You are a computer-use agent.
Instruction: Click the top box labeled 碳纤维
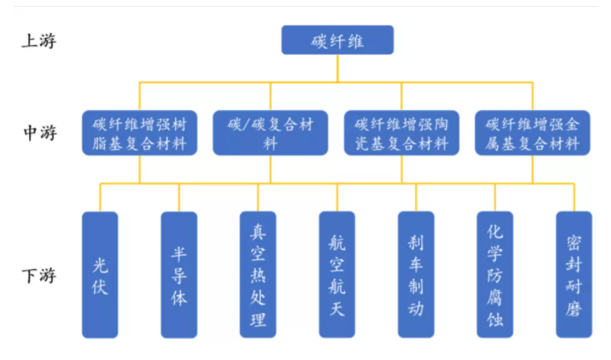(337, 40)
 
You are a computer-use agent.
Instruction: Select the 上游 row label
(38, 41)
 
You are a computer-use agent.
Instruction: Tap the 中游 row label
(38, 132)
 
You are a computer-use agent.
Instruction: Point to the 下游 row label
(38, 276)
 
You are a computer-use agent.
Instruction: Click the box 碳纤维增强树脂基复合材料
(139, 132)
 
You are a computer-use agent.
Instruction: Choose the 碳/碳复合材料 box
(271, 132)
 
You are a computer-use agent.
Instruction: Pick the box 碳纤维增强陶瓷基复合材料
(402, 132)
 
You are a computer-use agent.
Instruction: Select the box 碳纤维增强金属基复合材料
(533, 132)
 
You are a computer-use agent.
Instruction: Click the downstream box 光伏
(100, 275)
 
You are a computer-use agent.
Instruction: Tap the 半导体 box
(179, 275)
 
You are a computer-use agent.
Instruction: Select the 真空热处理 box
(258, 275)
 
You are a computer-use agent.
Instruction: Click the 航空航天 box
(337, 275)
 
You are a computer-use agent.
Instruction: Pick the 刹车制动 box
(416, 275)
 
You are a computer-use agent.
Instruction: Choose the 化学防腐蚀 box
(495, 275)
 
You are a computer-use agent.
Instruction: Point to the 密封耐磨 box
(573, 275)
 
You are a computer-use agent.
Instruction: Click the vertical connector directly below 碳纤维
(337, 68)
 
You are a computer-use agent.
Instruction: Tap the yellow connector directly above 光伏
(100, 197)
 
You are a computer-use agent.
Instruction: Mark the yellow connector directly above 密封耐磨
(573, 197)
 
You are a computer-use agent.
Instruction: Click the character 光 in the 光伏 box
(100, 264)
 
